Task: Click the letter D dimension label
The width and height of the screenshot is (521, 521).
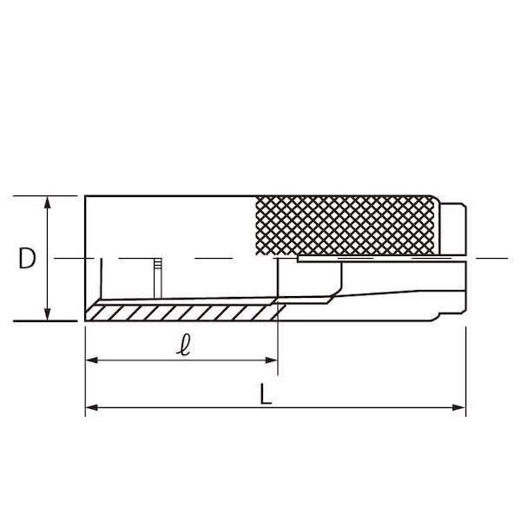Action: point(27,259)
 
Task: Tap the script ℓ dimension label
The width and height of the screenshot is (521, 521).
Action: point(184,345)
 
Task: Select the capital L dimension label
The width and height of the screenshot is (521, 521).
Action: point(266,393)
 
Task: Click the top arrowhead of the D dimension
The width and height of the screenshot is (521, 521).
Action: point(48,202)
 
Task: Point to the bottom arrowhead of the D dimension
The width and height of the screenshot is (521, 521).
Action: point(48,314)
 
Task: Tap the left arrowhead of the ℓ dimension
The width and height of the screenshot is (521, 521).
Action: point(91,360)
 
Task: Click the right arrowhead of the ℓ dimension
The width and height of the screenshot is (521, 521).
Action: point(271,360)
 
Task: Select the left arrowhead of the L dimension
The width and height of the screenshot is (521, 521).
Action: point(91,408)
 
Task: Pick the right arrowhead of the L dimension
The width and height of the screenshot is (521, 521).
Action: point(459,408)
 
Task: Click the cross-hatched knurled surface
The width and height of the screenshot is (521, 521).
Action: point(346,226)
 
